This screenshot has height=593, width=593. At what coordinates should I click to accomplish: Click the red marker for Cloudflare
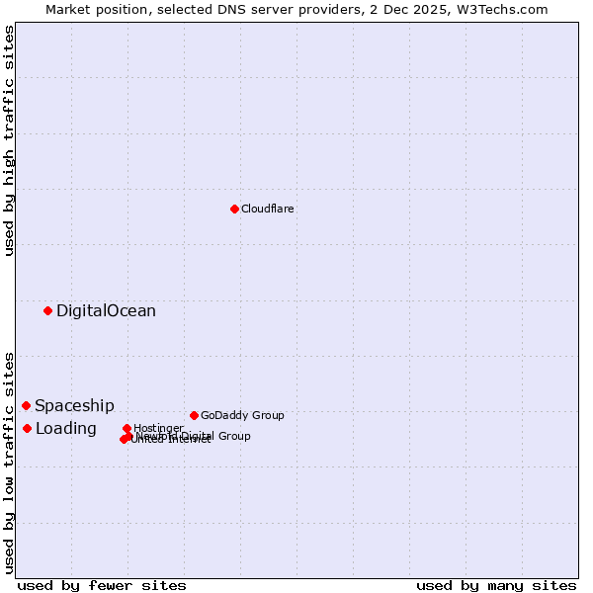pos(234,209)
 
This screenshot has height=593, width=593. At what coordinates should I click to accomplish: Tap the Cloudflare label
pos(268,209)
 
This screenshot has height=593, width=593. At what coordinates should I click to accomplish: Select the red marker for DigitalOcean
pos(47,310)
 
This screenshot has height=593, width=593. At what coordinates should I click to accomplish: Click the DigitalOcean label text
pos(106,310)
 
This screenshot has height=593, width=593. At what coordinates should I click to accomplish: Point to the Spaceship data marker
pos(27,405)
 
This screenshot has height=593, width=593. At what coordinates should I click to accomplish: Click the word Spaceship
pos(74,405)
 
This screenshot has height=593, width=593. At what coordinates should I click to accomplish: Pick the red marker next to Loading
pos(28,428)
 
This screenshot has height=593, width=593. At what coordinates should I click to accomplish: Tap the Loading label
pos(66,428)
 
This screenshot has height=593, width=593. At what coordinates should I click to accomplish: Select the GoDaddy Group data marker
pos(194,415)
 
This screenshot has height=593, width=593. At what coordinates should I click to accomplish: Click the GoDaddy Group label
pos(242,415)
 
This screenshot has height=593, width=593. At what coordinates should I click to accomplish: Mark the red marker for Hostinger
pos(127,428)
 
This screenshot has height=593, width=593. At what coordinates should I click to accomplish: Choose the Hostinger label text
pos(158,428)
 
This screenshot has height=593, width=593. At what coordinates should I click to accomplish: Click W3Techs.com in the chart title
pos(506,9)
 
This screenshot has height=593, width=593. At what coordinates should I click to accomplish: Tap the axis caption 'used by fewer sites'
pos(102,585)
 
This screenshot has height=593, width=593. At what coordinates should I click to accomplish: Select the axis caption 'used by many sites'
pos(496,585)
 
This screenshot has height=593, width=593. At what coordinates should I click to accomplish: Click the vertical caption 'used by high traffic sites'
pos(9,140)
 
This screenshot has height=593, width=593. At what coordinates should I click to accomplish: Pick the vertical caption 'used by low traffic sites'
pos(9,463)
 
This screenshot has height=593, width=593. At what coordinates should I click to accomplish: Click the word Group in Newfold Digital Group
pos(233,436)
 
